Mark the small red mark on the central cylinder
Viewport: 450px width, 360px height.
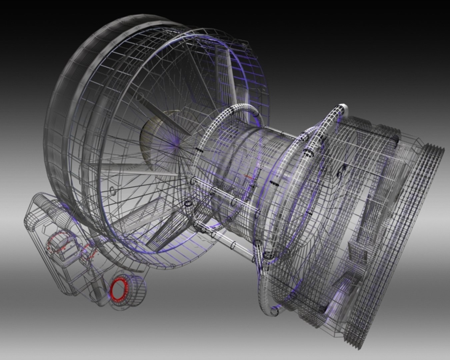[248, 176]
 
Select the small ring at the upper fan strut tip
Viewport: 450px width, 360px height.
[139, 97]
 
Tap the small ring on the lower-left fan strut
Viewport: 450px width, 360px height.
[113, 191]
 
